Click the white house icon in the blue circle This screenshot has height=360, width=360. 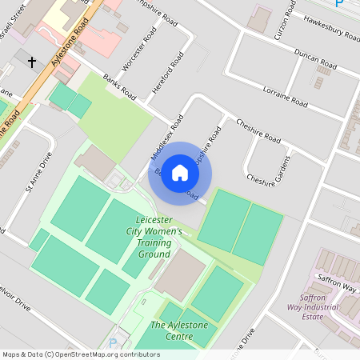point(180,173)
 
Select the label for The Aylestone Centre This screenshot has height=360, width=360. point(171,331)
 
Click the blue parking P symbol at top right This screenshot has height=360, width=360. point(338,4)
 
